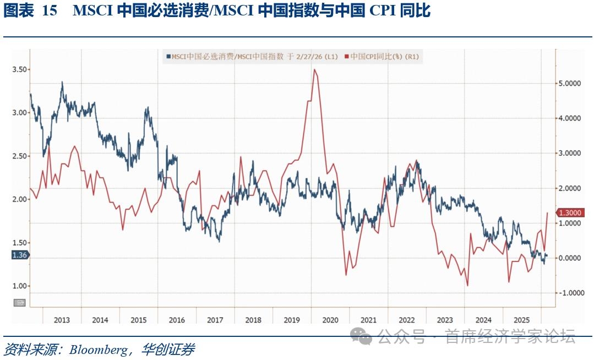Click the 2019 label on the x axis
point(292,320)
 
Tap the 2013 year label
point(62,320)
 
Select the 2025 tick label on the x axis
point(522,320)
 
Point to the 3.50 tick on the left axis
point(20,69)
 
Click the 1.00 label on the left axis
point(20,286)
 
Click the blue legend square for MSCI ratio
point(168,56)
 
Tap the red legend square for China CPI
point(346,56)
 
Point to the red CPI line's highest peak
point(314,69)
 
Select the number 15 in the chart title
point(50,11)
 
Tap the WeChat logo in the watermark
point(362,336)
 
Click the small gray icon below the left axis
point(20,302)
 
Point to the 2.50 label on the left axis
point(20,156)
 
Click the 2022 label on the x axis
point(407,320)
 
